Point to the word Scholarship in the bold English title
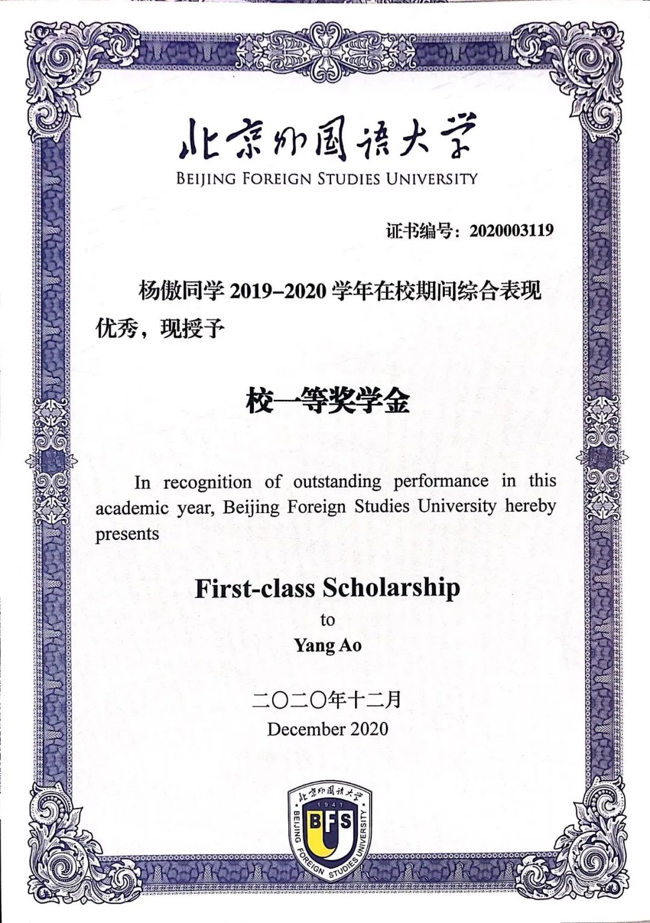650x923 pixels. (x=391, y=588)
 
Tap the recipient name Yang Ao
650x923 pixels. (x=327, y=645)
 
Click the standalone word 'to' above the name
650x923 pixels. (x=327, y=620)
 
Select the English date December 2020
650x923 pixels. (x=327, y=729)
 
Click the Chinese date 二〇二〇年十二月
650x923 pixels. (x=327, y=700)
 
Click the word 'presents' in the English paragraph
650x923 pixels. (x=127, y=534)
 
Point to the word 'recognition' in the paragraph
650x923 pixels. (x=207, y=482)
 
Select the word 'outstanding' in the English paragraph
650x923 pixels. (x=337, y=482)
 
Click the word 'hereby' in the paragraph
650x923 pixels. (x=530, y=506)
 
